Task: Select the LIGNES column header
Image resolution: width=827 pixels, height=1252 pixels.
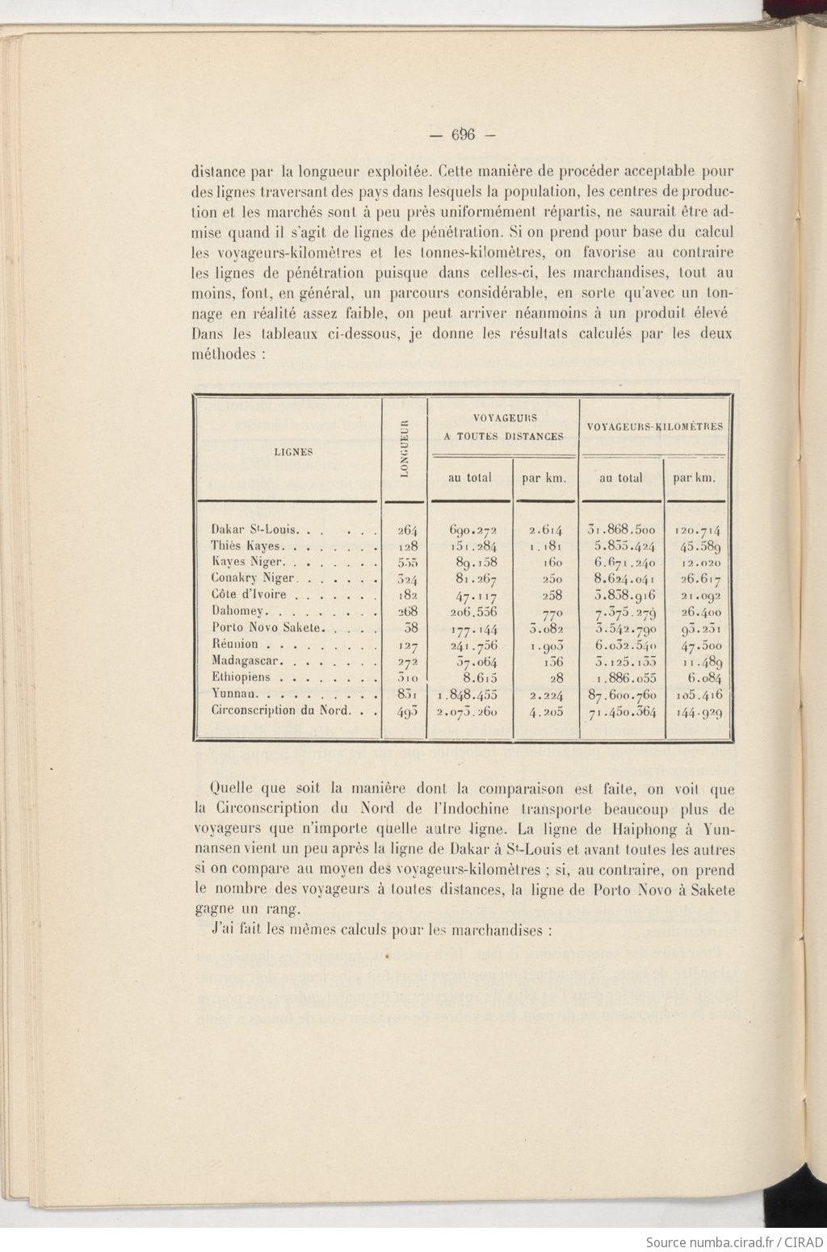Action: pos(293,452)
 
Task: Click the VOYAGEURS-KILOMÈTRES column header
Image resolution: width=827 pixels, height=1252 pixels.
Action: pos(655,426)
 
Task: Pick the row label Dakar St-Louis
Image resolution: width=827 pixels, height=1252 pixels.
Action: pos(255,530)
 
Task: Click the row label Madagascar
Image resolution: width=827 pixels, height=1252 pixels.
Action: pos(246,660)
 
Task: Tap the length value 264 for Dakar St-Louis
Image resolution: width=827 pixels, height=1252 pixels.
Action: pos(407,530)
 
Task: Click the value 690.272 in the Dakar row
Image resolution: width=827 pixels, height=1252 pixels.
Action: pos(473,530)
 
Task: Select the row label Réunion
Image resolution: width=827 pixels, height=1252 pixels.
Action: pos(235,643)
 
